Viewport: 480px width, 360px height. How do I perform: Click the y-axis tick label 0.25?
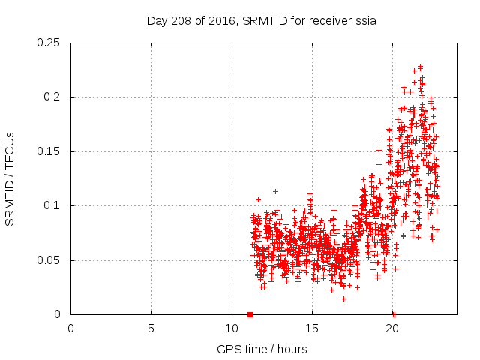point(49,43)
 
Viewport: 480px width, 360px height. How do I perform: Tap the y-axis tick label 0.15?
point(49,151)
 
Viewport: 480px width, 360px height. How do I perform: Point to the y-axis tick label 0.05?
point(49,260)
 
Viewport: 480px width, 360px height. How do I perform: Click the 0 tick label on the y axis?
point(59,315)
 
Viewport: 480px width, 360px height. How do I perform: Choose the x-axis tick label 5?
point(151,328)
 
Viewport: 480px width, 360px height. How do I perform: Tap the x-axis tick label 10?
point(231,328)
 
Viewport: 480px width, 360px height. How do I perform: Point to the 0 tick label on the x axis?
point(70,328)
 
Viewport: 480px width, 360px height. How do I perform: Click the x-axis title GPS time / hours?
point(261,349)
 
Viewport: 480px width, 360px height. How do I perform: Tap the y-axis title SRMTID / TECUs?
point(10,178)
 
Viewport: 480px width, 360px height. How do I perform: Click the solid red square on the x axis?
point(250,314)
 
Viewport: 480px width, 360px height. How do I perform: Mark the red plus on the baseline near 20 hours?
point(394,313)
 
